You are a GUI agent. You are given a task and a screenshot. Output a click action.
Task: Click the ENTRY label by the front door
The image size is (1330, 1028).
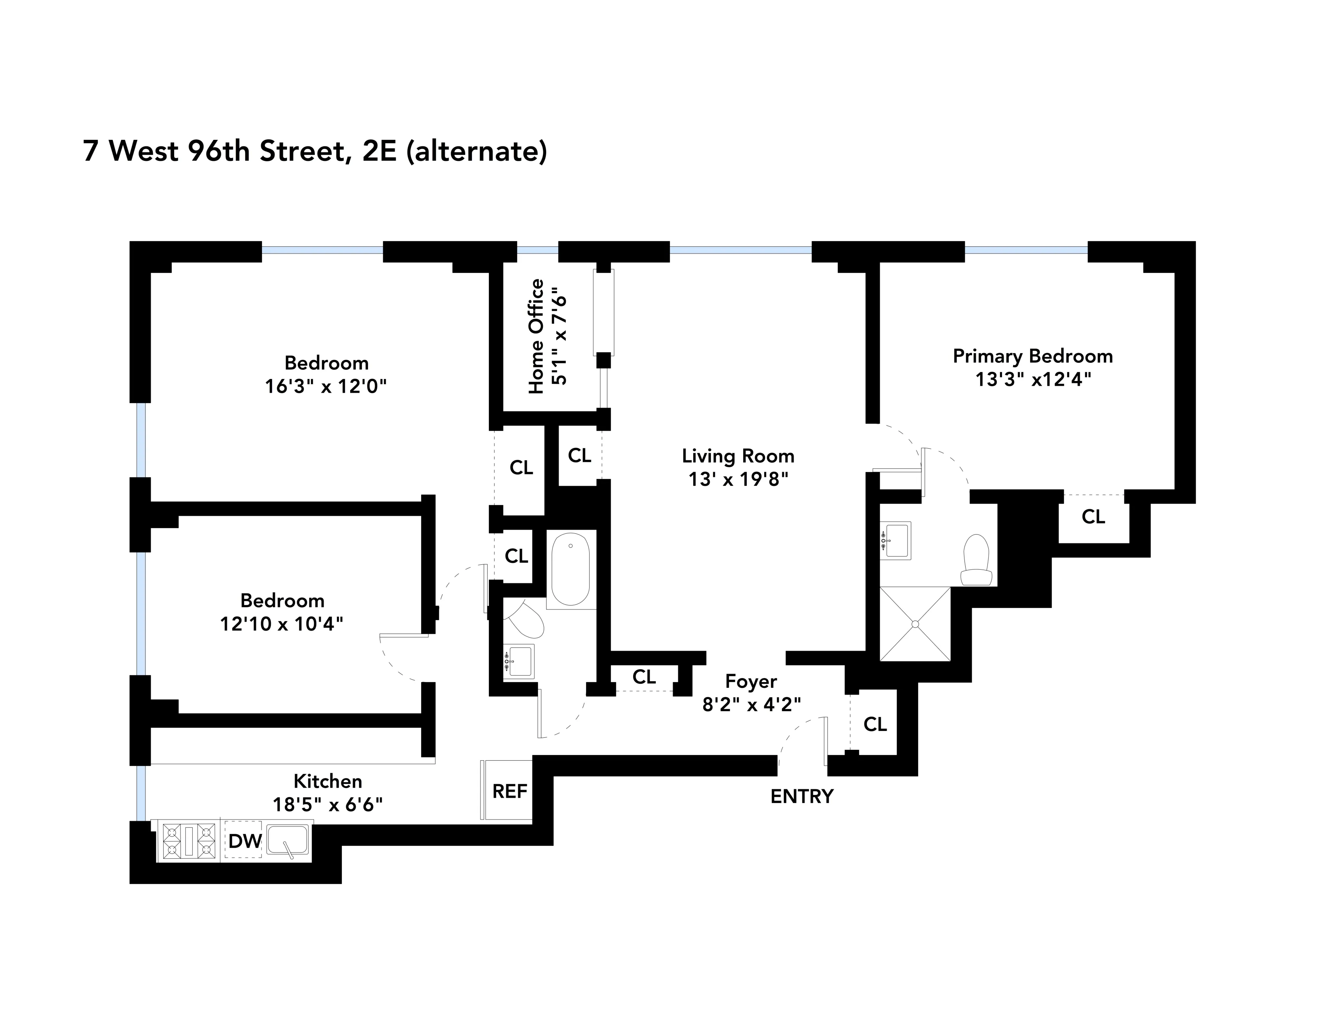(x=801, y=796)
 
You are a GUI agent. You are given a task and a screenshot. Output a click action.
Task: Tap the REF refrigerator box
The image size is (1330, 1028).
(x=509, y=791)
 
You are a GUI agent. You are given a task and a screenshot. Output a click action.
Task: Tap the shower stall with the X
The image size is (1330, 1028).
(x=915, y=624)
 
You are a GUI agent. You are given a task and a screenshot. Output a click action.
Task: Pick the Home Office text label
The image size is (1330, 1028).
(x=536, y=336)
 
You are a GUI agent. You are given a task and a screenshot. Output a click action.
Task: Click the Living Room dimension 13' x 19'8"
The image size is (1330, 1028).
(x=738, y=479)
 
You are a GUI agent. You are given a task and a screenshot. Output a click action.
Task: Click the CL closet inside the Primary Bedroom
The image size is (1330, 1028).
(x=1093, y=516)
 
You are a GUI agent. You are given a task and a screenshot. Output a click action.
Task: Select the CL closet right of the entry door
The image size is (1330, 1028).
(x=875, y=724)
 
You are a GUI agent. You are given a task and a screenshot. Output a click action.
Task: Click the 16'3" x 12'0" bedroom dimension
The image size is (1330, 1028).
(x=326, y=386)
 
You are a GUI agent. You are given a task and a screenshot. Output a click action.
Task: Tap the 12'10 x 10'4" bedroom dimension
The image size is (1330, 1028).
(x=281, y=624)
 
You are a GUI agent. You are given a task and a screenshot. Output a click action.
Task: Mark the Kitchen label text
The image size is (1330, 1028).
(x=328, y=781)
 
